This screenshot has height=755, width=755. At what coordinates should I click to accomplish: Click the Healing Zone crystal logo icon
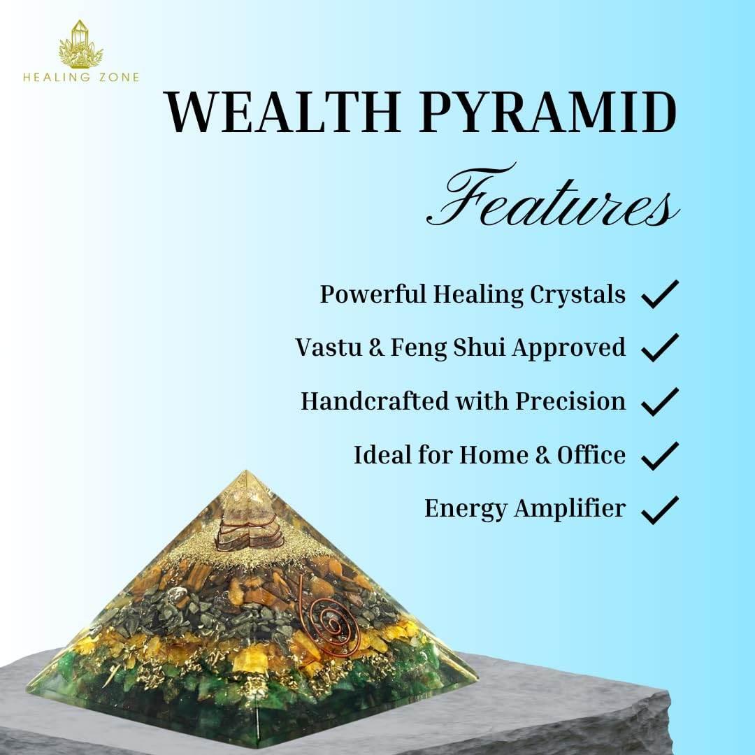81,45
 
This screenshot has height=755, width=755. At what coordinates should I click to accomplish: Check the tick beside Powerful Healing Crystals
659,294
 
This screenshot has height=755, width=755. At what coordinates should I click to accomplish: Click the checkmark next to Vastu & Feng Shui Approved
659,347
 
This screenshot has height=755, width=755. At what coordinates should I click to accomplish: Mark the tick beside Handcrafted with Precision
659,401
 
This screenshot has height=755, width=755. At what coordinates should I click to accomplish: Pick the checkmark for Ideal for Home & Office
659,455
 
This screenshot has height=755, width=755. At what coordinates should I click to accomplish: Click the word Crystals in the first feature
577,294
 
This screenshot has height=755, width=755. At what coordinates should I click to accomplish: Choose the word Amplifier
570,509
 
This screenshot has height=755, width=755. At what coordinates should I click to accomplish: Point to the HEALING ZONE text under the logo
81,78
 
